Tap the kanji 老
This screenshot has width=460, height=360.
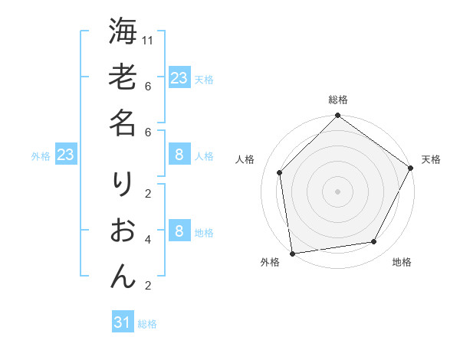123,77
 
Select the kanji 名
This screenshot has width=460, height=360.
123,123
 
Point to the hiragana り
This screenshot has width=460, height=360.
123,184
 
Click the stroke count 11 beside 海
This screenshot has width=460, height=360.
149,40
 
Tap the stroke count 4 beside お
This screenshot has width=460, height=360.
148,240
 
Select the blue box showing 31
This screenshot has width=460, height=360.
123,322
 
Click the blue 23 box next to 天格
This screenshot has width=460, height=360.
179,77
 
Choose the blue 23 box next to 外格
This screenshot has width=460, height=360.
66,155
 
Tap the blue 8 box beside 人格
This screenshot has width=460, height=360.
179,155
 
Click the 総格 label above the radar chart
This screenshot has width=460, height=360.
337,100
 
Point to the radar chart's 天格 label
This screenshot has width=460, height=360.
431,159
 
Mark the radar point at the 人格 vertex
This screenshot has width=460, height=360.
280,172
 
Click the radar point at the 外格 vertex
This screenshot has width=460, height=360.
292,253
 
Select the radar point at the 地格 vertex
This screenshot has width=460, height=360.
374,242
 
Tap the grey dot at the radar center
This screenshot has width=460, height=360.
337,191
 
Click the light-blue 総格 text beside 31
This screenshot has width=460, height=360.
147,324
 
